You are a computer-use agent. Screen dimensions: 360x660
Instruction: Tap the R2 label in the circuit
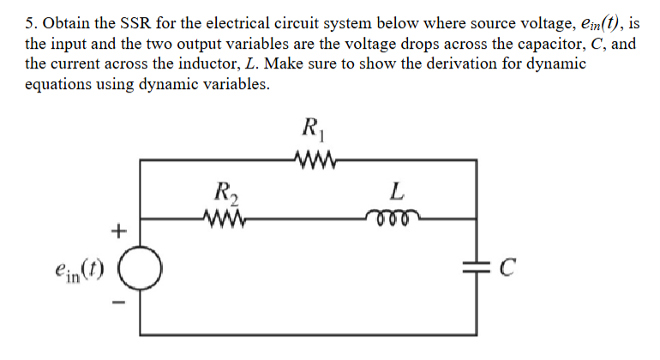[x=226, y=192]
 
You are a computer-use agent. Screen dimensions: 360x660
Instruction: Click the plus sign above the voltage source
[x=118, y=230]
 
